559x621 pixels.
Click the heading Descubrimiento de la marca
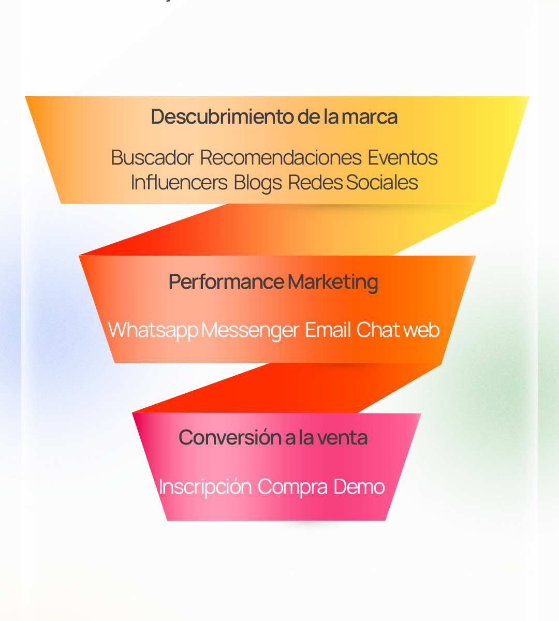[x=274, y=117]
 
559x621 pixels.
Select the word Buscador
[x=152, y=158]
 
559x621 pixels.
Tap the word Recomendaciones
[x=281, y=158]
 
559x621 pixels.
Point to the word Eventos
[x=403, y=158]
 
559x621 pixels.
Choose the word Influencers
[x=179, y=183]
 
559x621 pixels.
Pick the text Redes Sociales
[x=353, y=183]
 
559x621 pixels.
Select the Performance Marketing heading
[x=273, y=283]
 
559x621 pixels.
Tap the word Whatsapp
[x=153, y=330]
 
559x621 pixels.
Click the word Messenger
[x=250, y=330]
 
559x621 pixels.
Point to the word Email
[x=328, y=330]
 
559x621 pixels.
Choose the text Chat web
[x=398, y=330]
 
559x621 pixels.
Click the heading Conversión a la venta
[x=273, y=438]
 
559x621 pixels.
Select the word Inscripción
[x=205, y=487]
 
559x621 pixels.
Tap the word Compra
[x=292, y=487]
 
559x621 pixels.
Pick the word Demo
[x=359, y=487]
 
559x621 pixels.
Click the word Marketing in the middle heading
[x=333, y=283]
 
